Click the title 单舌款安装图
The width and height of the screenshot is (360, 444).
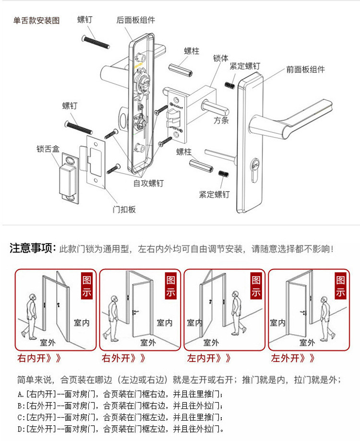coord(36,21)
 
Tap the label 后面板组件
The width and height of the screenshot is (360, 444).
coord(136,20)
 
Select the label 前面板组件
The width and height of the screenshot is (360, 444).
coord(305,70)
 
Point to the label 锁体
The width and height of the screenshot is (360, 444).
coord(221,58)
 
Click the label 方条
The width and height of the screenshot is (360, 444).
coord(221,120)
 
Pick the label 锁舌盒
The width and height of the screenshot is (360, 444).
coord(48,149)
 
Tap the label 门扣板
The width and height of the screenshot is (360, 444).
coord(124,210)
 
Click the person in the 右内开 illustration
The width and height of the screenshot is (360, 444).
coord(32,316)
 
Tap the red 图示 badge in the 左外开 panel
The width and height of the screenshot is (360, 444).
coord(340,286)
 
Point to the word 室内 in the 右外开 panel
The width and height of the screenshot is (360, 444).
coord(165,323)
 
